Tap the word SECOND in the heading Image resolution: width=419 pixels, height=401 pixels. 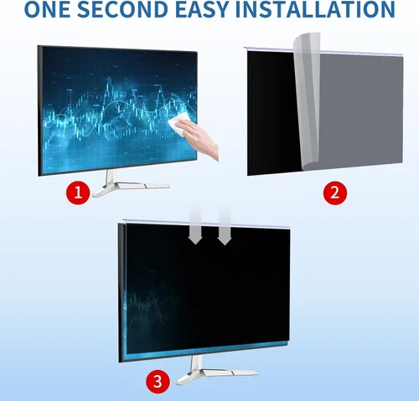(x=122, y=9)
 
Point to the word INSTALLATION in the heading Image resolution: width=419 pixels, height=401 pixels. (x=315, y=9)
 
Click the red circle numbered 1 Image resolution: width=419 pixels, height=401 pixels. (x=78, y=193)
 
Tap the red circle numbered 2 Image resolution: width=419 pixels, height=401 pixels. (x=335, y=193)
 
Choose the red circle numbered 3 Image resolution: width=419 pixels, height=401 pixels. (x=158, y=382)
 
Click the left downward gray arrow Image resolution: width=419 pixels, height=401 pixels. (x=195, y=228)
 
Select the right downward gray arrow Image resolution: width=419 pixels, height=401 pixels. (x=225, y=228)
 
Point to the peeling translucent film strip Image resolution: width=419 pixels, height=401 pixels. (x=307, y=102)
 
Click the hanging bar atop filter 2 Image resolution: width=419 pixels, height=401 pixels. (x=323, y=50)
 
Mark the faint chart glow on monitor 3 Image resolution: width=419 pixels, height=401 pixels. (x=151, y=303)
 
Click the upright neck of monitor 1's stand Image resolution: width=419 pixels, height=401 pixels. (x=111, y=177)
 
